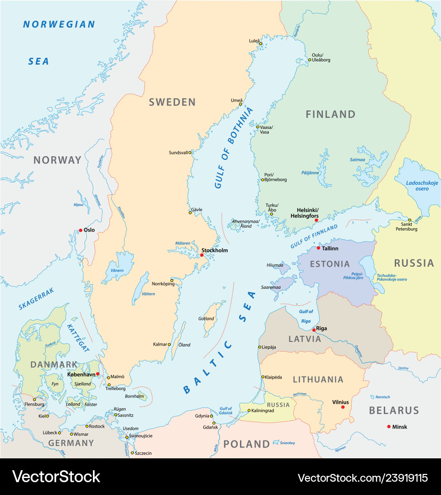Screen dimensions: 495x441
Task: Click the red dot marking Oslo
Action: click(x=81, y=230)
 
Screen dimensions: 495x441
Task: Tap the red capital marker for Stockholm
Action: click(x=201, y=255)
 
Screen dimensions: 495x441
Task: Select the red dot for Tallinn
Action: click(x=318, y=248)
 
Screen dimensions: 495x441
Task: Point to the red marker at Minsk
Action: click(x=389, y=427)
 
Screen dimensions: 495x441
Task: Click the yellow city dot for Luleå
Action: click(x=261, y=44)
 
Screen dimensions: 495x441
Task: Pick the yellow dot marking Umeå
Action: click(x=240, y=104)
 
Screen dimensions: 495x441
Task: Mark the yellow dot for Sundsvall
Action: click(x=190, y=152)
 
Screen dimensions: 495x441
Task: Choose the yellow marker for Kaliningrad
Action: click(x=249, y=411)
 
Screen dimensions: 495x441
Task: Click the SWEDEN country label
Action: click(x=172, y=102)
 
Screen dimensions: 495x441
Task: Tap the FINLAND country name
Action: click(x=330, y=114)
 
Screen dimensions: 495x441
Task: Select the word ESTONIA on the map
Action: click(x=330, y=264)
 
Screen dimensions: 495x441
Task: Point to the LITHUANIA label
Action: click(x=318, y=379)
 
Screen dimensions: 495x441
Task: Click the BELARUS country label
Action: click(x=394, y=410)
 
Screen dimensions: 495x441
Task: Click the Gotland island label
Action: click(x=206, y=319)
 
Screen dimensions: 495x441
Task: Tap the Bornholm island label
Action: click(x=135, y=396)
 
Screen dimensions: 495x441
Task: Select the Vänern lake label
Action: click(x=117, y=271)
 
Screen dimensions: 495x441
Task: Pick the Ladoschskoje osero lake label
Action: click(x=422, y=186)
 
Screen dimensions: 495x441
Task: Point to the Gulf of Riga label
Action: click(x=306, y=316)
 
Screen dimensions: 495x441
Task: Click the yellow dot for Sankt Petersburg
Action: click(x=410, y=220)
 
